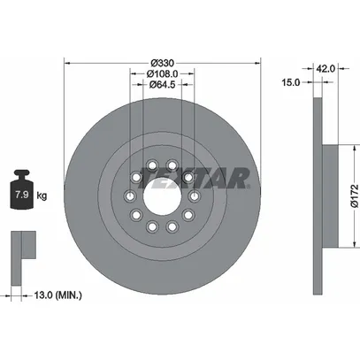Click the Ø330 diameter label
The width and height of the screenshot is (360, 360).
tap(163, 63)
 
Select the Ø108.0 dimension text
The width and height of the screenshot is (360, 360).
tap(162, 73)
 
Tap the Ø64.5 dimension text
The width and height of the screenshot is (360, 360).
tap(162, 85)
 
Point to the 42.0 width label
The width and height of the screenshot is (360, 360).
tap(326, 69)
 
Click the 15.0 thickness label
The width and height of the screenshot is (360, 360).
tap(291, 82)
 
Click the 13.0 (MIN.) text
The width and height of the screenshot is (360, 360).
tap(57, 295)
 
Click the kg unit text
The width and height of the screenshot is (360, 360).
tap(42, 195)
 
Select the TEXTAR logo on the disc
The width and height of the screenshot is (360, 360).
tap(195, 178)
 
